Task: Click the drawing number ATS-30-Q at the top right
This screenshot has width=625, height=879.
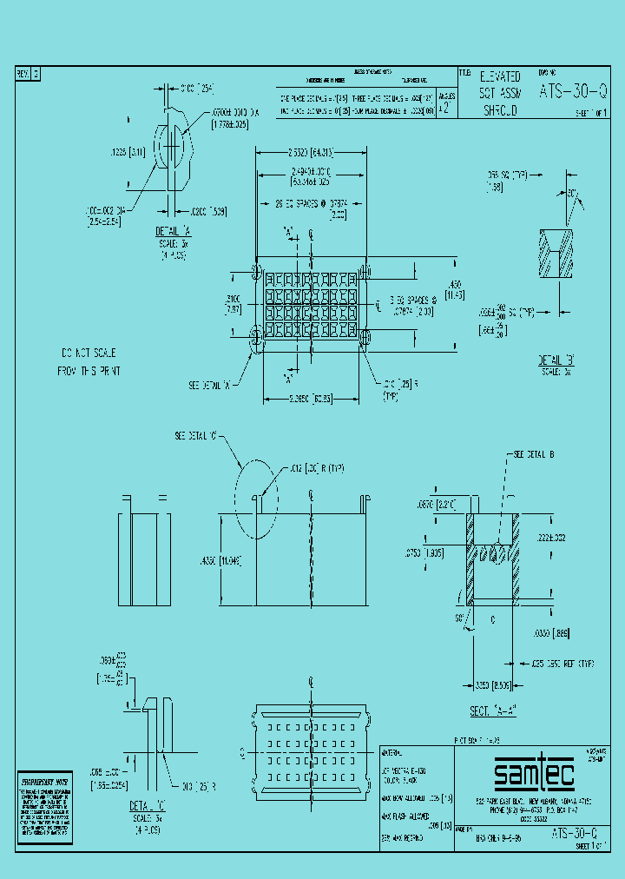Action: pyautogui.click(x=573, y=90)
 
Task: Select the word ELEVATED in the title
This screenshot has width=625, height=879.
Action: pyautogui.click(x=501, y=77)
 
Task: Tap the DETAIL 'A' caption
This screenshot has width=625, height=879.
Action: pyautogui.click(x=174, y=232)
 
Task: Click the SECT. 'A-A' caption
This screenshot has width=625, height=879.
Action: pyautogui.click(x=492, y=711)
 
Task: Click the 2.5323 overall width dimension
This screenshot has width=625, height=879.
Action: pyautogui.click(x=310, y=151)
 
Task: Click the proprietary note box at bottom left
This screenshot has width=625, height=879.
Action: pyautogui.click(x=44, y=802)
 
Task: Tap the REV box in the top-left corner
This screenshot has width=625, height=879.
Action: pyautogui.click(x=28, y=75)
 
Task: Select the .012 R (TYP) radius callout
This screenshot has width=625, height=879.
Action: pyautogui.click(x=317, y=468)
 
